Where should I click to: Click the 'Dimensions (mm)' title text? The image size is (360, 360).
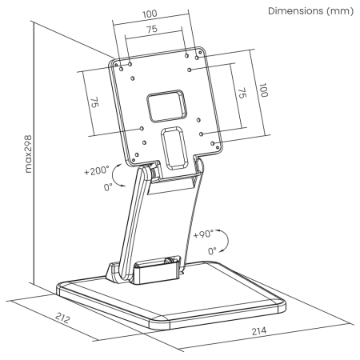pyautogui.click(x=310, y=11)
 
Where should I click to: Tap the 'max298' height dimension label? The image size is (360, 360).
pyautogui.click(x=28, y=154)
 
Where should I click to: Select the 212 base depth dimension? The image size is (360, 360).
pyautogui.click(x=62, y=318)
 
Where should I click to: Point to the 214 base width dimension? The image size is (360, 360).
pyautogui.click(x=259, y=331)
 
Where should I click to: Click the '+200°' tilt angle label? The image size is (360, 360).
pyautogui.click(x=97, y=170)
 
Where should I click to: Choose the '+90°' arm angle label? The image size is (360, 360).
pyautogui.click(x=203, y=234)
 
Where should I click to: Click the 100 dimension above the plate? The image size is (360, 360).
pyautogui.click(x=150, y=14)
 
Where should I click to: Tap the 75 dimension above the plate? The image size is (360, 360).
pyautogui.click(x=152, y=29)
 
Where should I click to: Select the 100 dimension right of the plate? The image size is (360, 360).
pyautogui.click(x=263, y=90)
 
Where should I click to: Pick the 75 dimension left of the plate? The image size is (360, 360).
pyautogui.click(x=94, y=102)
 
